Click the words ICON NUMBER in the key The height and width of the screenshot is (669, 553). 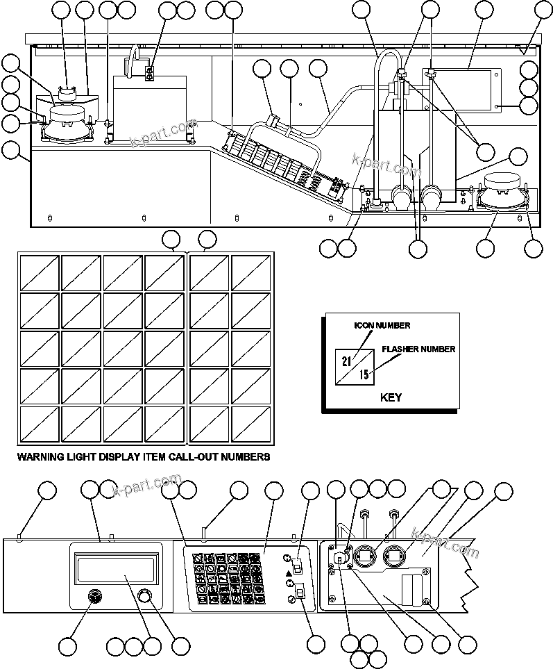(x=382, y=325)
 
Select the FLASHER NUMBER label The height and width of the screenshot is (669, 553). (x=418, y=349)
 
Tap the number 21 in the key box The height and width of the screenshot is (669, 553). (x=347, y=360)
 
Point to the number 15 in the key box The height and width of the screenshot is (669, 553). (x=364, y=375)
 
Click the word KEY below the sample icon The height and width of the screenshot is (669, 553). (x=391, y=398)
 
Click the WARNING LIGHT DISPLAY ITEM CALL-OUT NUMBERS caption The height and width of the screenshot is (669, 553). (x=143, y=457)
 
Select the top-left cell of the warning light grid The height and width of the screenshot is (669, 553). (x=39, y=273)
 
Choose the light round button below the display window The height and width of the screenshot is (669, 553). (x=144, y=596)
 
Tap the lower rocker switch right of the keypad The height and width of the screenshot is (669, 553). (x=300, y=592)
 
